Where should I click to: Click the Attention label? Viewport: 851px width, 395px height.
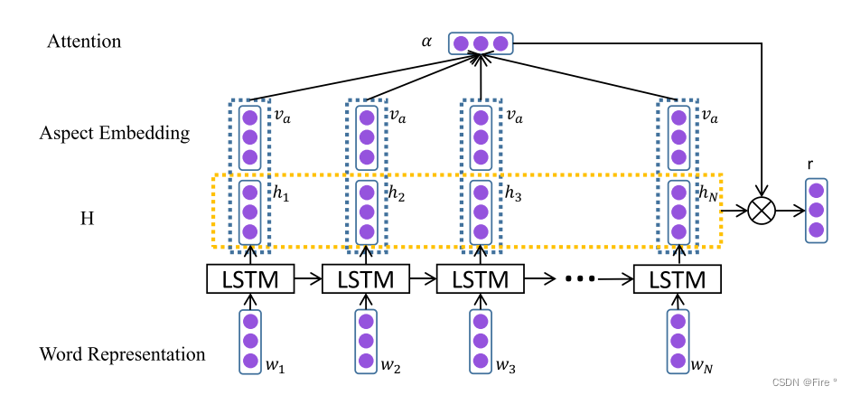point(84,42)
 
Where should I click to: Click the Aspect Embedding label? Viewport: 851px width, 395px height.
point(115,134)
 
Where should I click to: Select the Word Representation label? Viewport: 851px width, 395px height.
point(122,353)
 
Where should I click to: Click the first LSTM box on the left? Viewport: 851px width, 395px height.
point(250,279)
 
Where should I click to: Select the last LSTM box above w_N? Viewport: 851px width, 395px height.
point(678,279)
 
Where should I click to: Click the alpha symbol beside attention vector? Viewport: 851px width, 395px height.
point(426,42)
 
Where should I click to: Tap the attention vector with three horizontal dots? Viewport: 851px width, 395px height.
point(481,43)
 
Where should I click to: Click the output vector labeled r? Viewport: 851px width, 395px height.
point(816,212)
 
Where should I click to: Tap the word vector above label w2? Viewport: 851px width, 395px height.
point(365,341)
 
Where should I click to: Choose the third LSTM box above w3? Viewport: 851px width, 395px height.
point(480,279)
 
